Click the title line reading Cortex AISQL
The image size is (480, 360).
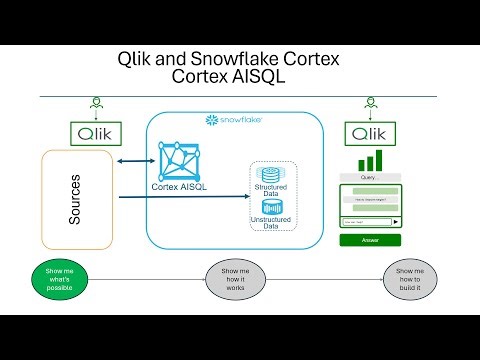(239, 79)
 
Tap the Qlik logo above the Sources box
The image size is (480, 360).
(96, 132)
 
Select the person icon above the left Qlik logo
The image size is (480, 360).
(96, 104)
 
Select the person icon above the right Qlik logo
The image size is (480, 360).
(372, 104)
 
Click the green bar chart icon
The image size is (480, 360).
(371, 161)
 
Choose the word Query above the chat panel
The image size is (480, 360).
(370, 180)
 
